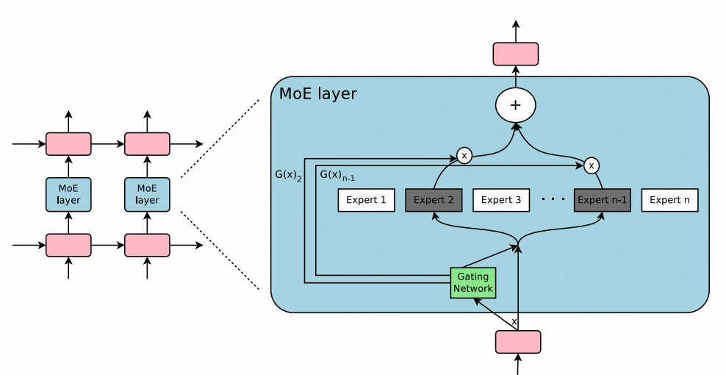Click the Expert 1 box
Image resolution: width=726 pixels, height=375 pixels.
(x=366, y=200)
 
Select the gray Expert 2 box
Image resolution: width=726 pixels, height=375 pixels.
(x=434, y=200)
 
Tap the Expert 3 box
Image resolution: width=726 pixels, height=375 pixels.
(x=501, y=200)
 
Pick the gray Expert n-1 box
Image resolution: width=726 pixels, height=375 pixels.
(x=602, y=200)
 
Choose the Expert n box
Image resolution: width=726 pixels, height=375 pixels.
(x=669, y=200)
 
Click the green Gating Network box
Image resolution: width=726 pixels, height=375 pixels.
(x=473, y=283)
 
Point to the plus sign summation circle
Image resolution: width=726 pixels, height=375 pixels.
(x=515, y=106)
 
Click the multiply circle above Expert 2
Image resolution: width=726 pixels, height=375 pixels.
(x=464, y=155)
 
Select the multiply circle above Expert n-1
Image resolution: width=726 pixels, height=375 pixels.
(x=591, y=165)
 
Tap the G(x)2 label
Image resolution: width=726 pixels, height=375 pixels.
(x=287, y=176)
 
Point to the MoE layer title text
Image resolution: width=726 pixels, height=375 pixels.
(x=317, y=94)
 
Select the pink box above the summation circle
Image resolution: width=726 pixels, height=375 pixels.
(x=515, y=54)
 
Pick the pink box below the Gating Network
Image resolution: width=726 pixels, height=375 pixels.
(x=518, y=342)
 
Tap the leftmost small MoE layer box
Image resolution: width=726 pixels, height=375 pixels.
(x=68, y=194)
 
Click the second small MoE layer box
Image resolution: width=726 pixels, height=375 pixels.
(x=147, y=194)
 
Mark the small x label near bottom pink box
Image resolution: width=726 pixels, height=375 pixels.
(x=514, y=322)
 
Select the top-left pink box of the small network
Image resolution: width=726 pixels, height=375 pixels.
(x=68, y=143)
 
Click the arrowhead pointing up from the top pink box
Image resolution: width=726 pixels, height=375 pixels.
(x=515, y=24)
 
